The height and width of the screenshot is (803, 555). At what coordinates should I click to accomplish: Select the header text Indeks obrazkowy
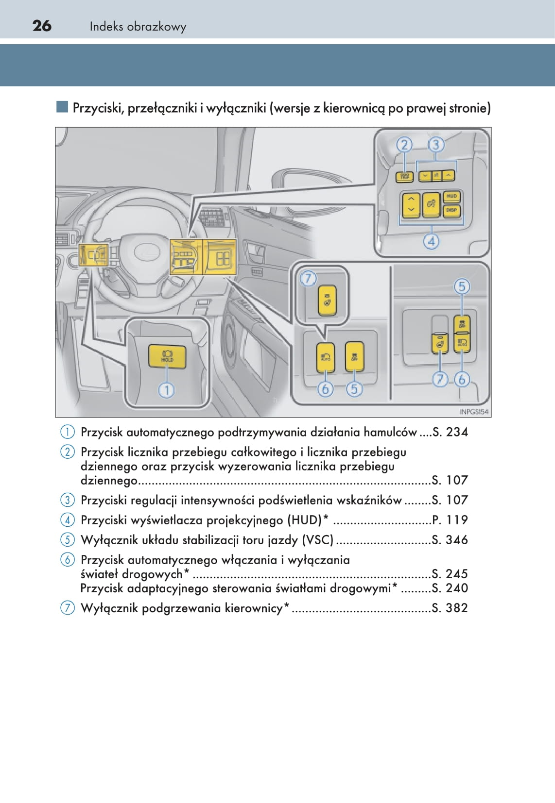pyautogui.click(x=138, y=27)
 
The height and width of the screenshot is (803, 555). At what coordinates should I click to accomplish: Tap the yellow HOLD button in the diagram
pyautogui.click(x=167, y=356)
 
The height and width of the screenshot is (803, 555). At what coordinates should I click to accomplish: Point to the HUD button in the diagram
pyautogui.click(x=451, y=197)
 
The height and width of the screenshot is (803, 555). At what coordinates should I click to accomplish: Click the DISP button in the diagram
pyautogui.click(x=451, y=210)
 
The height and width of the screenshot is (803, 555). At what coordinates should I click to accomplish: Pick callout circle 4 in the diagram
pyautogui.click(x=431, y=241)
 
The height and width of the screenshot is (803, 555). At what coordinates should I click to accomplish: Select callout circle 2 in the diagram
pyautogui.click(x=404, y=145)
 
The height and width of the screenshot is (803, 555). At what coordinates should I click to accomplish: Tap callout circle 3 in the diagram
pyautogui.click(x=436, y=145)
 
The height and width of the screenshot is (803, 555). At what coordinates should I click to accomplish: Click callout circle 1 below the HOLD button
pyautogui.click(x=166, y=390)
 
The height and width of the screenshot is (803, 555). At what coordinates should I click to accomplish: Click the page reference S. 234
pyautogui.click(x=450, y=432)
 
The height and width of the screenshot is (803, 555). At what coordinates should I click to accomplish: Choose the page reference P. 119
pyautogui.click(x=450, y=520)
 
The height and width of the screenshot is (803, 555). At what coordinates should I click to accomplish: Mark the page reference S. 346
pyautogui.click(x=450, y=540)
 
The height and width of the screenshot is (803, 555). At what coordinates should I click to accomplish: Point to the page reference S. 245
pyautogui.click(x=450, y=574)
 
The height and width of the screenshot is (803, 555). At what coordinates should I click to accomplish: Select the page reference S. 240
pyautogui.click(x=450, y=588)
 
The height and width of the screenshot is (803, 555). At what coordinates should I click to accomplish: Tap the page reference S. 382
pyautogui.click(x=450, y=608)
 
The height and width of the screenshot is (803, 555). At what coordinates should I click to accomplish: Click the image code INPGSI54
pyautogui.click(x=473, y=412)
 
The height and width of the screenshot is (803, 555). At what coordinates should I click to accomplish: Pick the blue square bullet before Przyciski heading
pyautogui.click(x=62, y=107)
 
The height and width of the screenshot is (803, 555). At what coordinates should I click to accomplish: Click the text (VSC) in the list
pyautogui.click(x=318, y=540)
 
